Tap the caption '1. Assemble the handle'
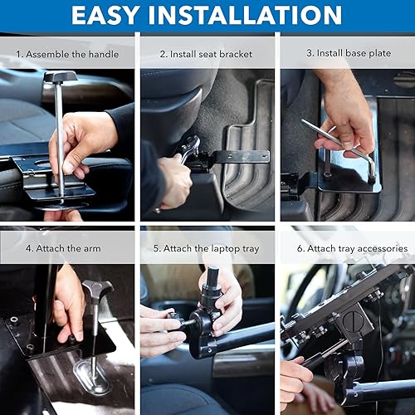pyautogui.click(x=67, y=54)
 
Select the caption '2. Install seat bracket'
pyautogui.click(x=207, y=54)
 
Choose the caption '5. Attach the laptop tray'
pyautogui.click(x=207, y=247)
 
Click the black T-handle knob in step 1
pyautogui.click(x=60, y=77)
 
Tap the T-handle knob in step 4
pyautogui.click(x=97, y=290)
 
